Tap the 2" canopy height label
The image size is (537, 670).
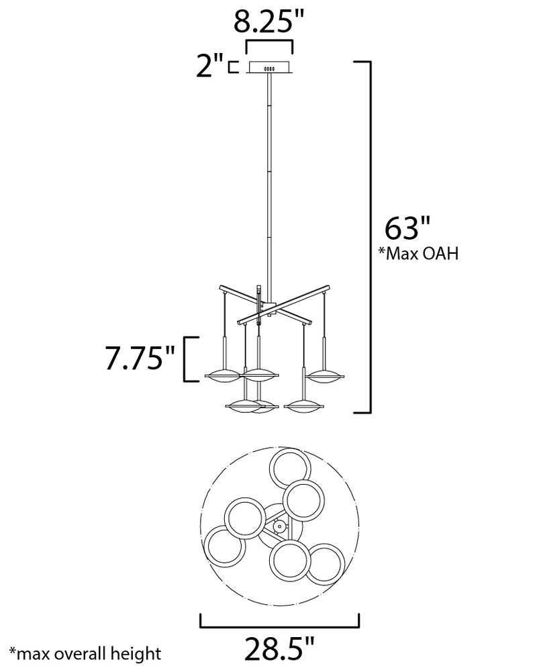(209, 66)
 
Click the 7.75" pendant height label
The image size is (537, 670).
(140, 357)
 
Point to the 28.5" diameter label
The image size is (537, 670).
(279, 648)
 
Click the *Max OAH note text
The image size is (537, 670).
(419, 253)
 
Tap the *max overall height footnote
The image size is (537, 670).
(86, 654)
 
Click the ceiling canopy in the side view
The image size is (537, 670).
(269, 68)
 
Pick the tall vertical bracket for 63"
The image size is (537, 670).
(370, 237)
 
